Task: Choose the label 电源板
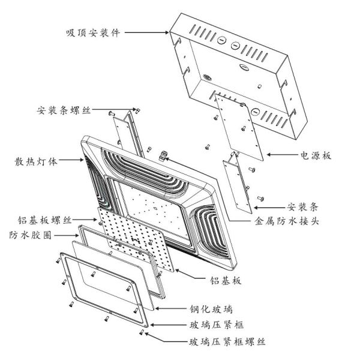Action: click(316, 155)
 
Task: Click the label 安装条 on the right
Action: click(302, 206)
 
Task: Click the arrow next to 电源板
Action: click(280, 155)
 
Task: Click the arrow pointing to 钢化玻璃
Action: click(170, 310)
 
